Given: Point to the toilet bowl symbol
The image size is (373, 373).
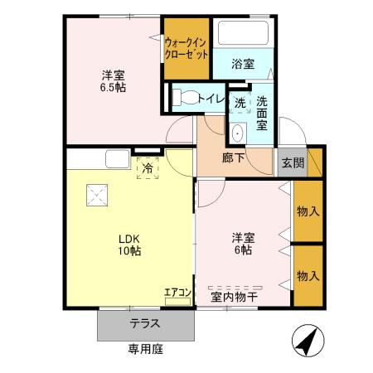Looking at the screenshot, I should pyautogui.click(x=187, y=97).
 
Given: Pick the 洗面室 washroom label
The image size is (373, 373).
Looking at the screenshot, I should pyautogui.click(x=262, y=112).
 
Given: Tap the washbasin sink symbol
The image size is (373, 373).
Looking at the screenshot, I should pyautogui.click(x=237, y=133).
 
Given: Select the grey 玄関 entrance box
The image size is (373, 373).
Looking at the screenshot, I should pyautogui.click(x=290, y=162).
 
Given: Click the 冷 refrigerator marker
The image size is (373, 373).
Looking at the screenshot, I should pyautogui.click(x=148, y=167).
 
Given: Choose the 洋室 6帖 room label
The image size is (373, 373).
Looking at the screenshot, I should pyautogui.click(x=243, y=245).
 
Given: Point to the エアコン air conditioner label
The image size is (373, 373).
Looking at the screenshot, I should pyautogui.click(x=177, y=293).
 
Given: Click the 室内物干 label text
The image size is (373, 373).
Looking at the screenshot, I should pyautogui.click(x=233, y=296).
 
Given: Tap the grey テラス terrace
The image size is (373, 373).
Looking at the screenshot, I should pyautogui.click(x=144, y=324).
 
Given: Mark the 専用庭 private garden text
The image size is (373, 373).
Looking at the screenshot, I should pyautogui.click(x=145, y=350).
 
